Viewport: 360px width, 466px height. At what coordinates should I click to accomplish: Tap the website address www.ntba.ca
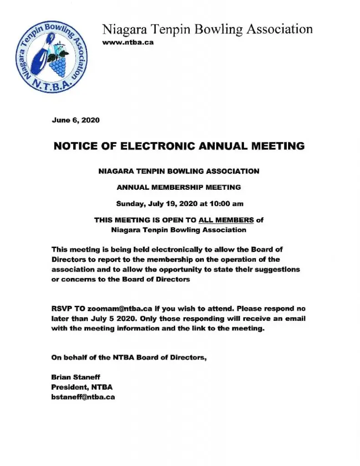point(128,42)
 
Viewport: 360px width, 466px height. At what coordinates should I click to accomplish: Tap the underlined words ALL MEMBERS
point(226,220)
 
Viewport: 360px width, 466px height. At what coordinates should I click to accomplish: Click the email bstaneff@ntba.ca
point(83,397)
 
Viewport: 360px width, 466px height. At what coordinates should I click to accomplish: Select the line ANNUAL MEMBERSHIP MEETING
point(179,187)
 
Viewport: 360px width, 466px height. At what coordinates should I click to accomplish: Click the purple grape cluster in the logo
point(57,66)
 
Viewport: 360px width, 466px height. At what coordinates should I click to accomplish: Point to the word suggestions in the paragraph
point(278,269)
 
